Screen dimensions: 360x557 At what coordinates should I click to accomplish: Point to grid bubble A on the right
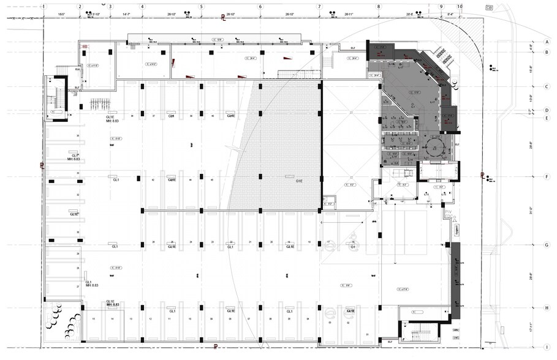pos(545,42)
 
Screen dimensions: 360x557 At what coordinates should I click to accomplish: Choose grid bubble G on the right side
pos(545,245)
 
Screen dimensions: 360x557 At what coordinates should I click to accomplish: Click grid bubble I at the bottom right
pos(545,347)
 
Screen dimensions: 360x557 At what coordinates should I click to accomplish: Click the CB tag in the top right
pos(488,7)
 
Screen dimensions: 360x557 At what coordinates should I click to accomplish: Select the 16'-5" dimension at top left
pos(61,13)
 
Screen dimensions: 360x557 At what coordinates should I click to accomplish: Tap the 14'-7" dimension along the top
pos(126,13)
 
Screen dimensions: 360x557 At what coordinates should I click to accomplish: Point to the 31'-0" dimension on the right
pos(531,211)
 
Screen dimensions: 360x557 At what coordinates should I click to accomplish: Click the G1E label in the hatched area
pos(299,181)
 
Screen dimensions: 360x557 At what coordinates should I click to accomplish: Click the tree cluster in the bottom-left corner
pos(64,320)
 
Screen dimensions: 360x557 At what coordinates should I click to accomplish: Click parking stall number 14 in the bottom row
pos(112,319)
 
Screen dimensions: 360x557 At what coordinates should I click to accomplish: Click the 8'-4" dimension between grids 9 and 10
pos(450,13)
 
